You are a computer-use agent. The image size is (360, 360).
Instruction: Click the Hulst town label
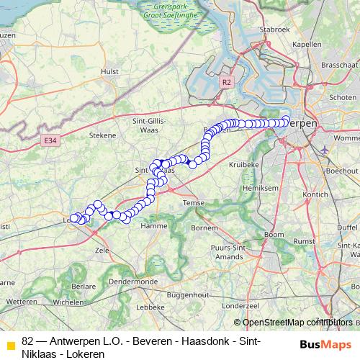[x=110, y=71]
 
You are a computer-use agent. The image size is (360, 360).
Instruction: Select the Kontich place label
[x=317, y=194]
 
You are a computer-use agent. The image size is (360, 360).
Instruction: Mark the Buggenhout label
[x=184, y=295]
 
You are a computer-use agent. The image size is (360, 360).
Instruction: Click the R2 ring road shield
[x=227, y=83]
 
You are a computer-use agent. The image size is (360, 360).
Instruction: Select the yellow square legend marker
[x=11, y=346]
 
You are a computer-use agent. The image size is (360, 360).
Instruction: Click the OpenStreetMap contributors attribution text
[x=294, y=323]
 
